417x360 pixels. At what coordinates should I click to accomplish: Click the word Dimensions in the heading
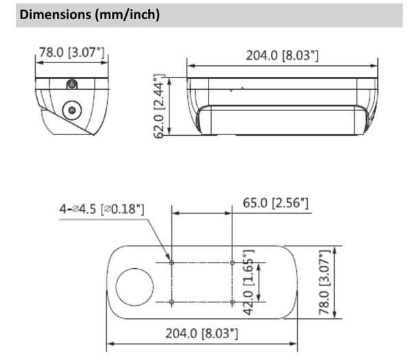tap(53, 14)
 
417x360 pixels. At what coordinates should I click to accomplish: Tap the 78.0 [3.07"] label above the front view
tap(73, 51)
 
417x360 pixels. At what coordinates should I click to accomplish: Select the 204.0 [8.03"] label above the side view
tap(282, 55)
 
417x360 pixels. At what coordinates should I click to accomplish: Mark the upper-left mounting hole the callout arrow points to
tap(171, 262)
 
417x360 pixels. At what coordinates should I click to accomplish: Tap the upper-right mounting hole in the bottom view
tap(233, 262)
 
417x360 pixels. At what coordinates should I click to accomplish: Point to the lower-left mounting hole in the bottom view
tap(171, 302)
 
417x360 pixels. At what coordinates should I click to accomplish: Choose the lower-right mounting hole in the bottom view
tap(233, 302)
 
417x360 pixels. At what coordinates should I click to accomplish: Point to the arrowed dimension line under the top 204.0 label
tap(282, 67)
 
